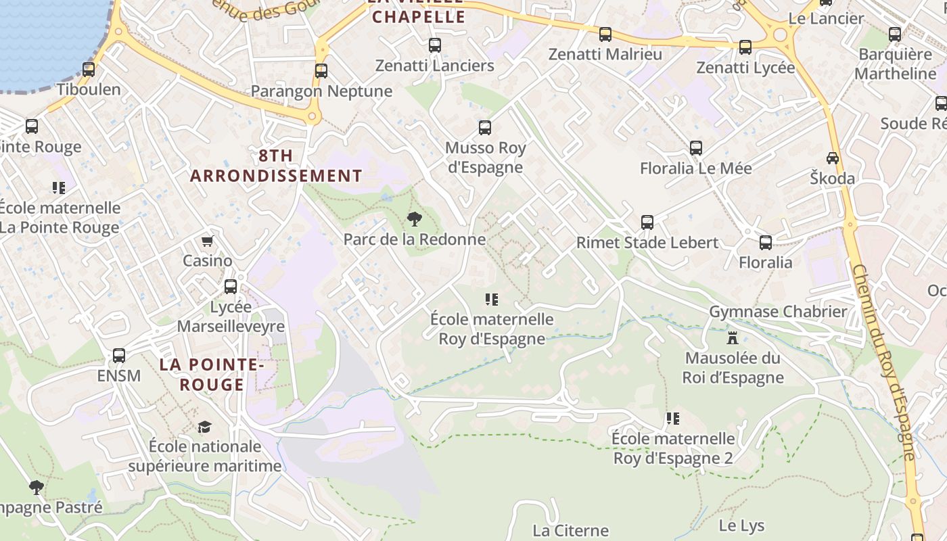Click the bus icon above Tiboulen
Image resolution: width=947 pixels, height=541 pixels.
tap(89, 69)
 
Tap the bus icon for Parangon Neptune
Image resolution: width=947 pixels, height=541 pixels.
tap(321, 70)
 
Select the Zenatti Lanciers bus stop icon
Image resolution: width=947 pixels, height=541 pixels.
tap(435, 45)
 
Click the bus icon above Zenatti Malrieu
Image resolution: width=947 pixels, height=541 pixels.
tap(605, 34)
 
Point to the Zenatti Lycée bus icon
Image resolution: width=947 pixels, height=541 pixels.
tap(745, 47)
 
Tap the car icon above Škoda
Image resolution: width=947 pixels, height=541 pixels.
tap(833, 158)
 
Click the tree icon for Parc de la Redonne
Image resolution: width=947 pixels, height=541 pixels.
tap(414, 219)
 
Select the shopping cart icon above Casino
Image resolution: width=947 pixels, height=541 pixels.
tap(208, 241)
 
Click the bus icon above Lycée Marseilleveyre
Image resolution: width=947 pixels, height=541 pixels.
tap(231, 286)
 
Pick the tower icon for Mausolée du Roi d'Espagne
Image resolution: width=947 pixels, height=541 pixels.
tap(732, 337)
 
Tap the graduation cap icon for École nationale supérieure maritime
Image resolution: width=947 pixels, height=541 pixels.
tap(204, 427)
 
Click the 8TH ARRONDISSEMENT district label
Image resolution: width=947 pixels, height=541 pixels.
tap(276, 166)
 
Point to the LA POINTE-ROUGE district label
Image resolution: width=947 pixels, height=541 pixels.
tap(211, 375)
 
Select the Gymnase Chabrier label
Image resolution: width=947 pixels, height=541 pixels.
tap(778, 312)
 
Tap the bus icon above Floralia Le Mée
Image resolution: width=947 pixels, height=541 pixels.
tap(696, 148)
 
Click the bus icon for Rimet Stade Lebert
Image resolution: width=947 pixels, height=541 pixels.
tap(647, 222)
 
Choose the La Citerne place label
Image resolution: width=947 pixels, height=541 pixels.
tap(571, 530)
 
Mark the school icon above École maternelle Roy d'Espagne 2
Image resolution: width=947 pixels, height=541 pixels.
tap(672, 419)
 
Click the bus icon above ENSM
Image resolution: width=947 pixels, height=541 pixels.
tap(119, 355)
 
